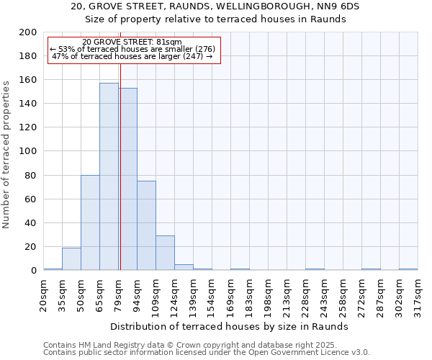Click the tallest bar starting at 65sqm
109,176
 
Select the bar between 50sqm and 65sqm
90,222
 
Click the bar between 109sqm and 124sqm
165,253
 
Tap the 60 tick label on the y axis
31,199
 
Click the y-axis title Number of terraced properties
7,155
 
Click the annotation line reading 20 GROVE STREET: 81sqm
132,42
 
